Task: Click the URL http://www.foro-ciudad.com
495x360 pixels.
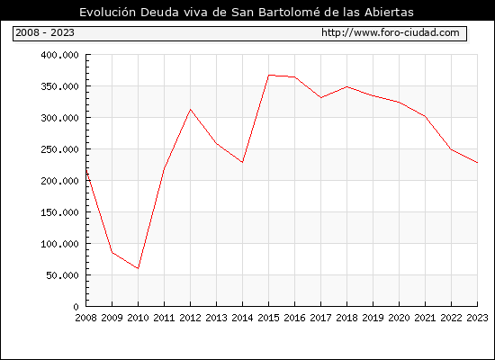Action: point(391,32)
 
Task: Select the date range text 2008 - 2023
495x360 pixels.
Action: point(45,32)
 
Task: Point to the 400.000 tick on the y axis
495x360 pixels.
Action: point(59,55)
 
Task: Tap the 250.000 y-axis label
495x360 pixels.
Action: point(59,149)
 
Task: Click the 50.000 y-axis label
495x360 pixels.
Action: point(62,275)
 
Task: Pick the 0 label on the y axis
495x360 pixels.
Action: point(76,307)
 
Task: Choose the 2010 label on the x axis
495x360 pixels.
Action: point(138,318)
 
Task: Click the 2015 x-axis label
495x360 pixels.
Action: point(269,318)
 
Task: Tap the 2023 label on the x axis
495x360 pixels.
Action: point(477,318)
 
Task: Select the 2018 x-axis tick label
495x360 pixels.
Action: point(346,318)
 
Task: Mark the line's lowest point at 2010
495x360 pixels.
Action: point(138,268)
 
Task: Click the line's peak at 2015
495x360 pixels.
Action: point(269,76)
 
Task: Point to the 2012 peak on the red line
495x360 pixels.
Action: point(191,109)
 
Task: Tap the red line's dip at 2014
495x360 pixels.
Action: point(242,162)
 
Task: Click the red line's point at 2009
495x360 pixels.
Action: point(112,252)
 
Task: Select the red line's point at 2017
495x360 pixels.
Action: point(320,98)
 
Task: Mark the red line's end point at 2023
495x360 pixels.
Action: point(477,163)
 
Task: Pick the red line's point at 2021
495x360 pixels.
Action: point(425,116)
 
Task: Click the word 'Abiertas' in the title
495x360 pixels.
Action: point(389,13)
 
